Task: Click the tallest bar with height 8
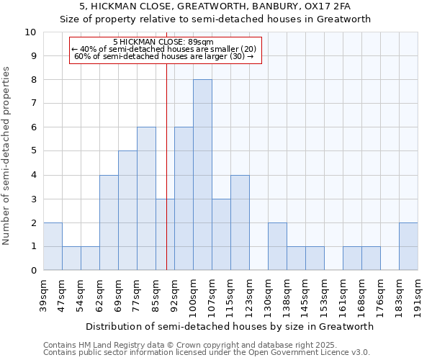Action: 202,175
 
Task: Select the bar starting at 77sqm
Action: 146,199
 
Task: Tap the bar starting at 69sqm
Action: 127,210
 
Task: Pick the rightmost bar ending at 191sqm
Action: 408,246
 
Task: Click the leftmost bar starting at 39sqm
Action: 53,246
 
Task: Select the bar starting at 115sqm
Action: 240,222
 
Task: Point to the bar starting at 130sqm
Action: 277,246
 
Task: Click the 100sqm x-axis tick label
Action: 193,294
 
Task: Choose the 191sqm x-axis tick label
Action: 418,294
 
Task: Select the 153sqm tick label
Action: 324,294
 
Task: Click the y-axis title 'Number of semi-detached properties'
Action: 6,156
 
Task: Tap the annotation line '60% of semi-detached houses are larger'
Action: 164,56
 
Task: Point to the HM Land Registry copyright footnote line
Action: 185,345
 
